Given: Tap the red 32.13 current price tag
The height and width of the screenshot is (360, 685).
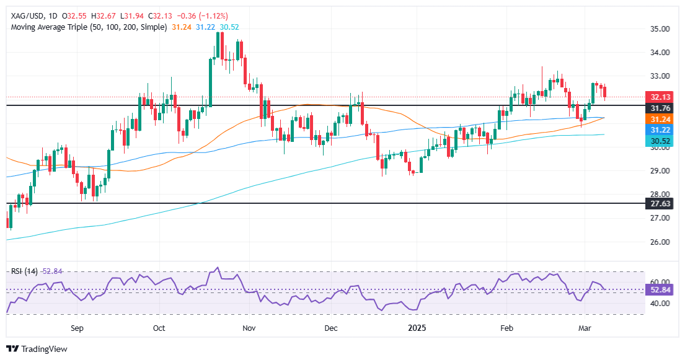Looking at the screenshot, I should (x=658, y=97).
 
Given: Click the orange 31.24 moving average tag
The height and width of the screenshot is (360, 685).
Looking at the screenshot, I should (x=658, y=118).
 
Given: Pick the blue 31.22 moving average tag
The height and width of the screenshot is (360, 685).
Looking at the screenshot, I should (x=658, y=130).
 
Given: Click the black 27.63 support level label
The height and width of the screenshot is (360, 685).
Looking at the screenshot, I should (x=658, y=203).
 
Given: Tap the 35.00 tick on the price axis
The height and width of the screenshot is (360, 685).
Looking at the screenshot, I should (x=658, y=29).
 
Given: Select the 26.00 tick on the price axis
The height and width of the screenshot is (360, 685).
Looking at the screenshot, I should (x=658, y=242).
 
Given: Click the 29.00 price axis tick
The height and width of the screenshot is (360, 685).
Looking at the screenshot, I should (x=658, y=171).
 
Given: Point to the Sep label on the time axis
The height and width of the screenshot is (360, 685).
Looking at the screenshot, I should (x=77, y=326).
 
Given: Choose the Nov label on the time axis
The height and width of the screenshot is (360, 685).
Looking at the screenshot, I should (x=249, y=326).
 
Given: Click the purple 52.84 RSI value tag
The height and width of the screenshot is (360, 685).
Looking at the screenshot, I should (x=658, y=290).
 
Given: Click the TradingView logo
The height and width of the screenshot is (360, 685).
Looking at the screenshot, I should (x=37, y=349).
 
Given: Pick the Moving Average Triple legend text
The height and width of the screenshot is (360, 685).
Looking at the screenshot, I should (x=87, y=27).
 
